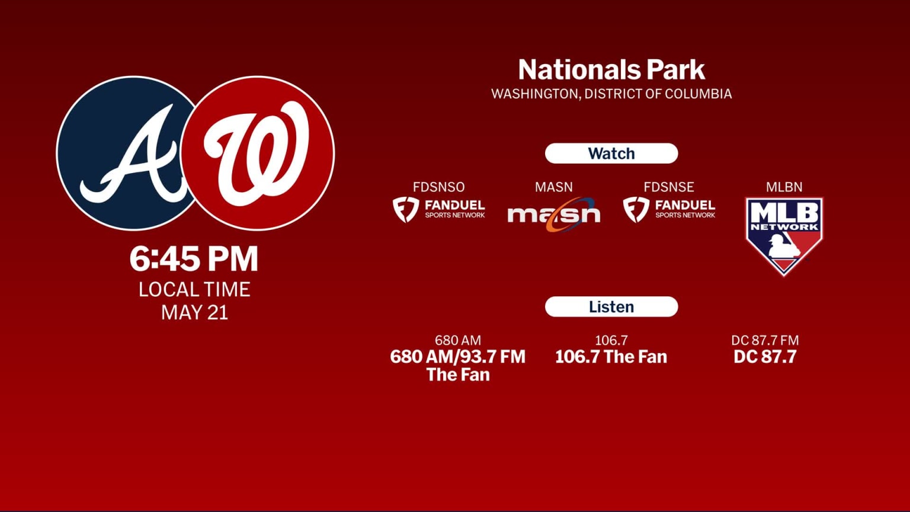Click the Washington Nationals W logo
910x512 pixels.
pyautogui.click(x=257, y=153)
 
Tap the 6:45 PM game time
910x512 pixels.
pyautogui.click(x=194, y=259)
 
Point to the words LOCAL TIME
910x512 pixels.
pyautogui.click(x=194, y=289)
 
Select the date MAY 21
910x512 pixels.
pyautogui.click(x=194, y=312)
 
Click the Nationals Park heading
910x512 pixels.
pyautogui.click(x=611, y=70)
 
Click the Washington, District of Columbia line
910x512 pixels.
pyautogui.click(x=611, y=94)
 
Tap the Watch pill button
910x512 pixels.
pyautogui.click(x=611, y=153)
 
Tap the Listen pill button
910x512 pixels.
pyautogui.click(x=611, y=307)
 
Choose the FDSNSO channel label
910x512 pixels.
pyautogui.click(x=438, y=187)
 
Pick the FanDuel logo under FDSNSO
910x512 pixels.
pyautogui.click(x=438, y=210)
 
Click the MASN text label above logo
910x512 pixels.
pyautogui.click(x=554, y=187)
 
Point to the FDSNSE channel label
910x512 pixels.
pyautogui.click(x=669, y=187)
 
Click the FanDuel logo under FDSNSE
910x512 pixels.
pyautogui.click(x=669, y=210)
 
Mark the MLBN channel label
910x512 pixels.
pyautogui.click(x=784, y=187)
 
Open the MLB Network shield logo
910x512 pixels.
pyautogui.click(x=784, y=235)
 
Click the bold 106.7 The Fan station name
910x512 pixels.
pyautogui.click(x=611, y=357)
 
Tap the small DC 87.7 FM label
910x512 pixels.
pyautogui.click(x=765, y=340)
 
